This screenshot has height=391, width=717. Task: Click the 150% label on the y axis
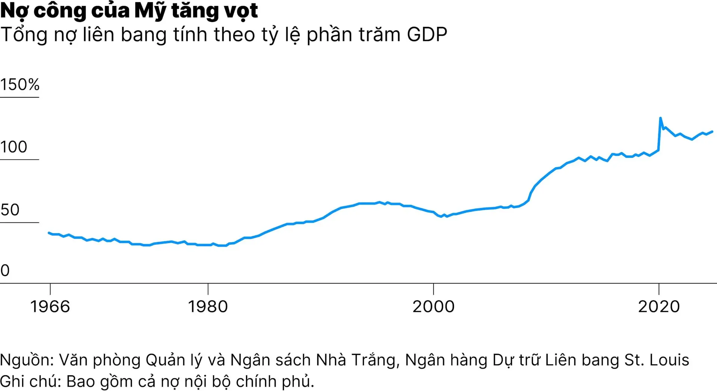click(20, 85)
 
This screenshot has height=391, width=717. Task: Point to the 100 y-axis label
click(14, 147)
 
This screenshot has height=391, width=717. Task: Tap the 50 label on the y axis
click(10, 210)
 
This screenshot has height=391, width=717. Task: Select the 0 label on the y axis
click(5, 270)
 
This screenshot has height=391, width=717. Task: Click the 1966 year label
click(50, 307)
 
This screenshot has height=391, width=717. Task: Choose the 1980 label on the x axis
click(208, 307)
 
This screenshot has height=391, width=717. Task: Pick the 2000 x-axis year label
click(433, 307)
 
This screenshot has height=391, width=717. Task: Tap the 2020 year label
click(659, 307)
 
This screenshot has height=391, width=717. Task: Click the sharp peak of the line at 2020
click(661, 118)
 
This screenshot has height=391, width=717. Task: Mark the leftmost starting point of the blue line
click(49, 233)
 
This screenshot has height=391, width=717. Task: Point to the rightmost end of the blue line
click(712, 132)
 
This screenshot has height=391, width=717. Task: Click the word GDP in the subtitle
click(427, 35)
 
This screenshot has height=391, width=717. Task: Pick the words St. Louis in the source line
click(657, 360)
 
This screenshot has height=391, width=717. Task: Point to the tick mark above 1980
click(208, 289)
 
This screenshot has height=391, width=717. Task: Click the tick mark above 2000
click(433, 289)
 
